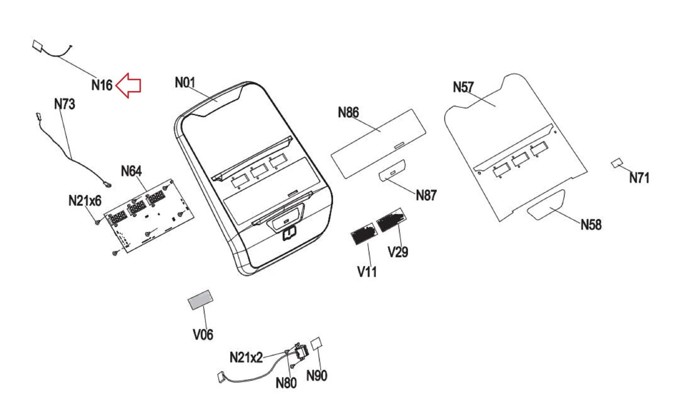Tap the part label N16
(102, 85)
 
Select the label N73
(65, 104)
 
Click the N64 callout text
(131, 171)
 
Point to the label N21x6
(85, 201)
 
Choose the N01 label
(185, 82)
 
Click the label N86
(348, 113)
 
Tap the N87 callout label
(426, 195)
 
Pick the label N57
(463, 87)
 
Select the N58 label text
(591, 225)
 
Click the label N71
(639, 178)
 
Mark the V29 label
(398, 252)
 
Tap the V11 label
(367, 272)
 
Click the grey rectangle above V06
(200, 300)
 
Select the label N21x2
(246, 357)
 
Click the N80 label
(286, 383)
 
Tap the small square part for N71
(617, 163)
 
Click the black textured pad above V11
(363, 233)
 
